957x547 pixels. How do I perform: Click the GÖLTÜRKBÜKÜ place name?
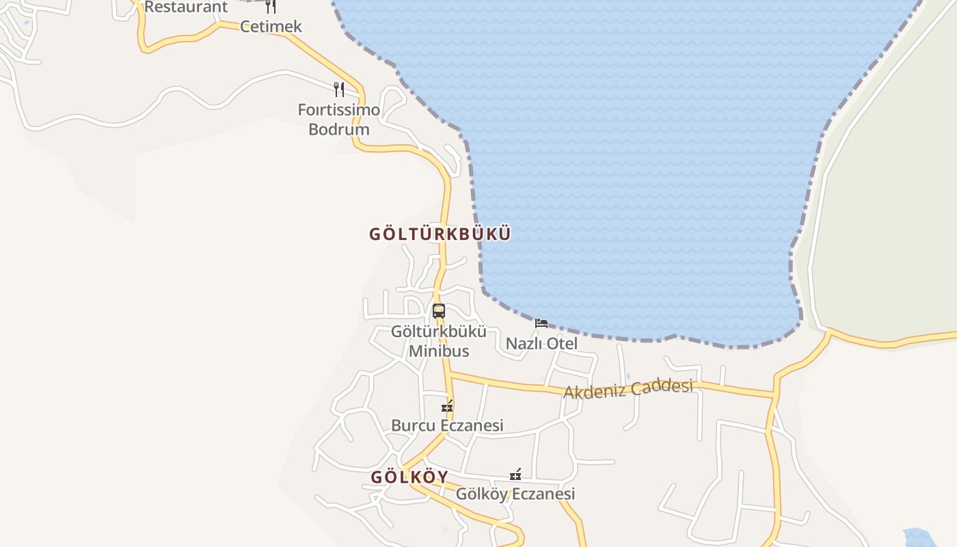click(440, 234)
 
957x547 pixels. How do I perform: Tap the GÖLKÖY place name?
click(409, 477)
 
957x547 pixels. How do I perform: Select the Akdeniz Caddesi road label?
click(628, 388)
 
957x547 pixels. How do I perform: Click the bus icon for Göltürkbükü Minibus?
click(439, 311)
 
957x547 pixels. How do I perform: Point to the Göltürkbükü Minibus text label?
click(439, 341)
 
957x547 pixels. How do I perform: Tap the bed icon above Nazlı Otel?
click(541, 323)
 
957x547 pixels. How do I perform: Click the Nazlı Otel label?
click(541, 343)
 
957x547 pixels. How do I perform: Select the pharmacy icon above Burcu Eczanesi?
click(447, 406)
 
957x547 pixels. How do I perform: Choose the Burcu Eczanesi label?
click(447, 425)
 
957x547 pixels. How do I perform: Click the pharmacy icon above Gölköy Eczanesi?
click(515, 475)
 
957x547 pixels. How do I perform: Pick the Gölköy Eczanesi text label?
click(515, 494)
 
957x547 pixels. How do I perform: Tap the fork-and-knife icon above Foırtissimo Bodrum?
click(338, 89)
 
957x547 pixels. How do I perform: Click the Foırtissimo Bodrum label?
click(339, 119)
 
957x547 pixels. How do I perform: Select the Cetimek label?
click(271, 27)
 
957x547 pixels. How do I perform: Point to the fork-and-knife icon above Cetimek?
click(271, 6)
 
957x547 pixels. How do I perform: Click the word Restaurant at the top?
click(186, 7)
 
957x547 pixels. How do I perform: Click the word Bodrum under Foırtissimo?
click(339, 129)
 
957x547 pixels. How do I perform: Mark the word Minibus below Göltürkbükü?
click(439, 351)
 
